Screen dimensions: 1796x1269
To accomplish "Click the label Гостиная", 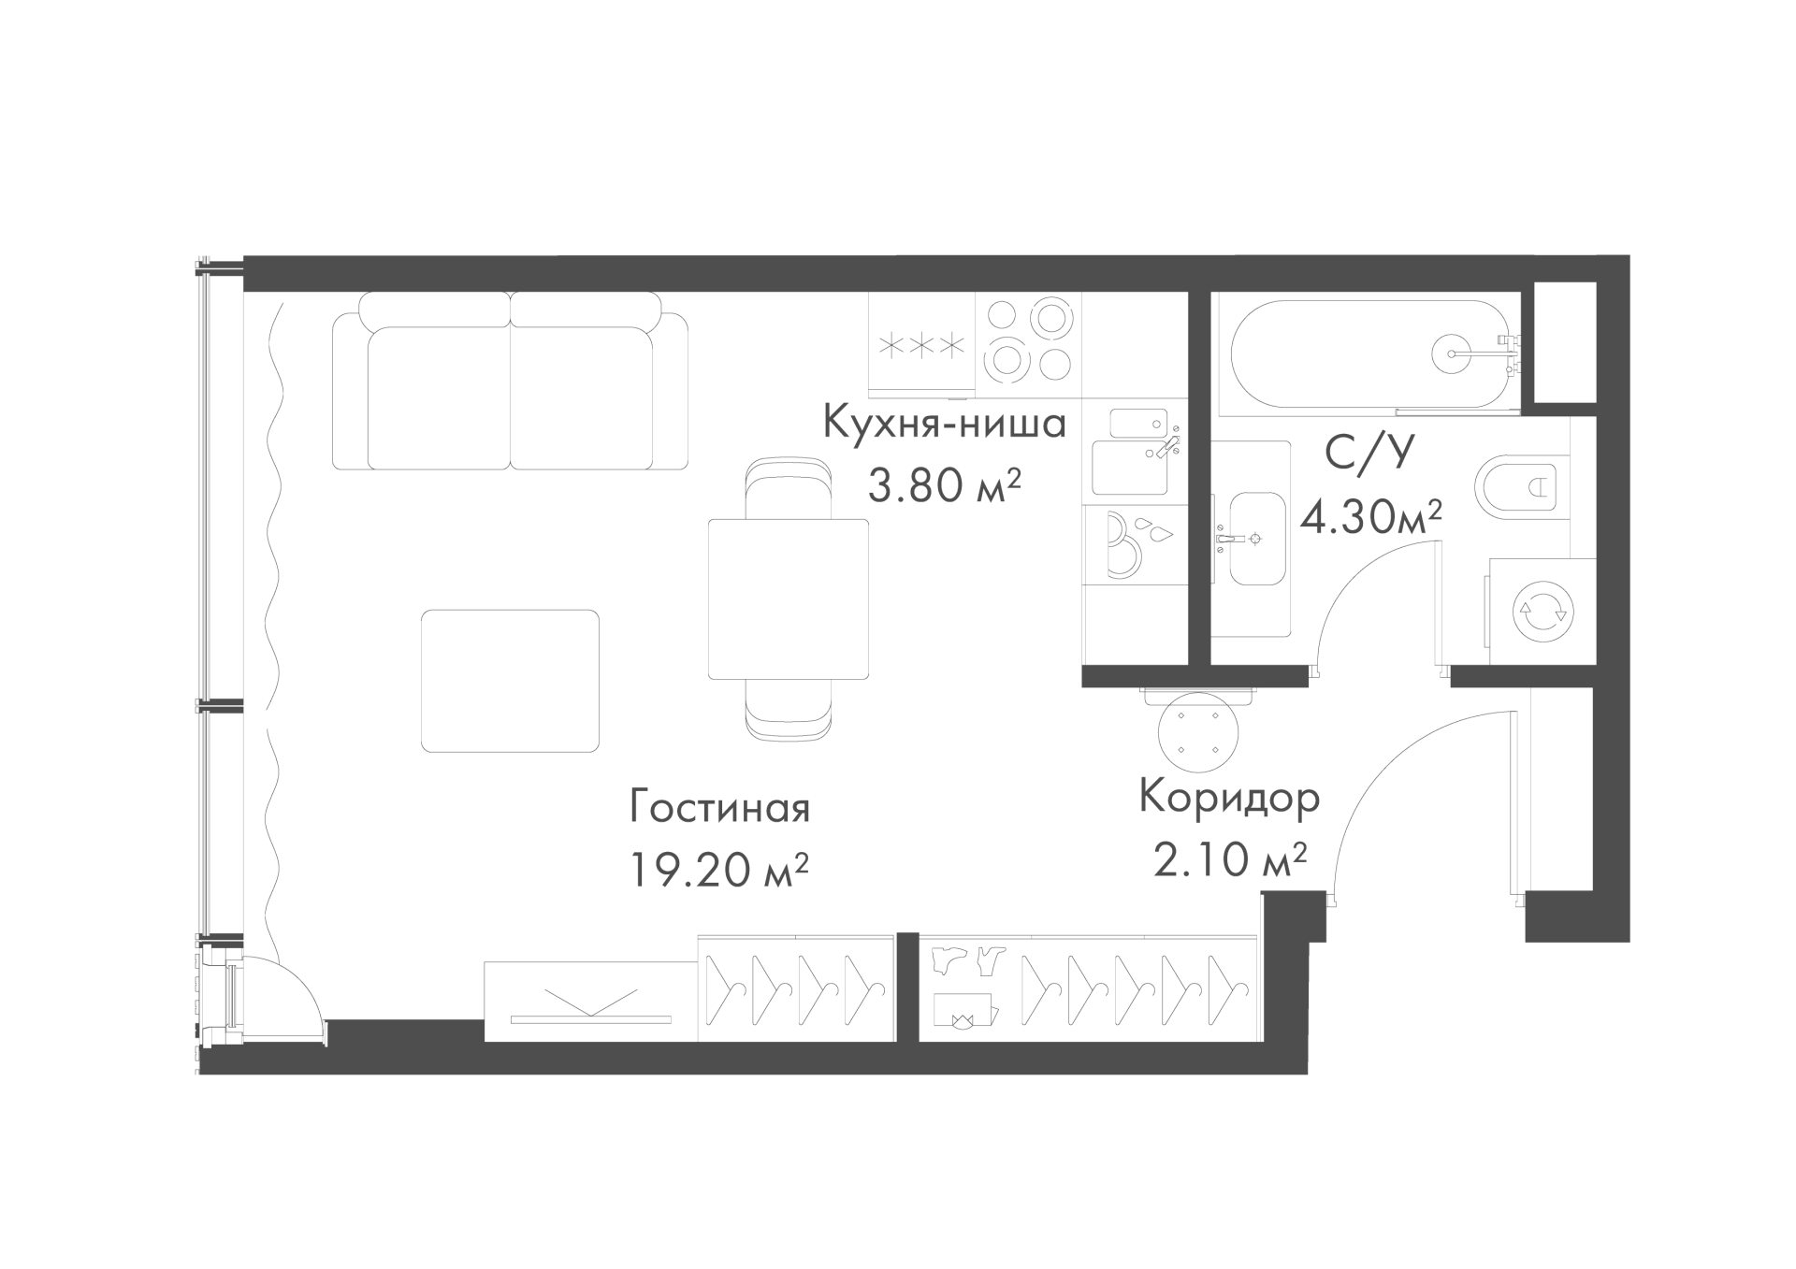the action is tap(719, 808).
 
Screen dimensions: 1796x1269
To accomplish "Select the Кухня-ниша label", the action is tap(944, 424).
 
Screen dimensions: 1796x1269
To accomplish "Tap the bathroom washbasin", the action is tap(1256, 539).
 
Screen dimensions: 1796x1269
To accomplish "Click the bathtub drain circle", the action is tap(1454, 353).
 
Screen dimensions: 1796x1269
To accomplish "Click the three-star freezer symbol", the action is tap(922, 346).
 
